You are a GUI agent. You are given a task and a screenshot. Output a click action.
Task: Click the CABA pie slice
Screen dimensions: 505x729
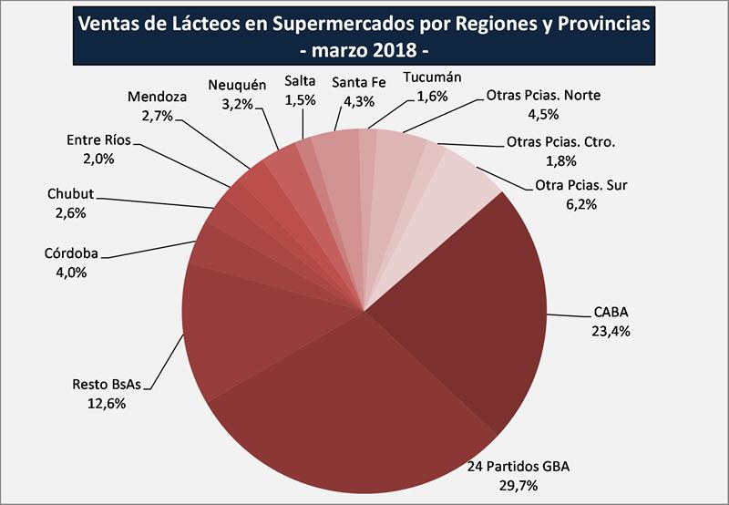[x=465, y=310]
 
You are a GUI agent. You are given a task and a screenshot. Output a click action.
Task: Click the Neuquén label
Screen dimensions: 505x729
[x=237, y=85]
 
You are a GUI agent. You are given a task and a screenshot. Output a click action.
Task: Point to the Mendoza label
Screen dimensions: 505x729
[x=158, y=97]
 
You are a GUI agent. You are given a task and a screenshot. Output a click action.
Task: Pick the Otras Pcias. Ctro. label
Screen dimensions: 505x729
[x=560, y=142]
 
